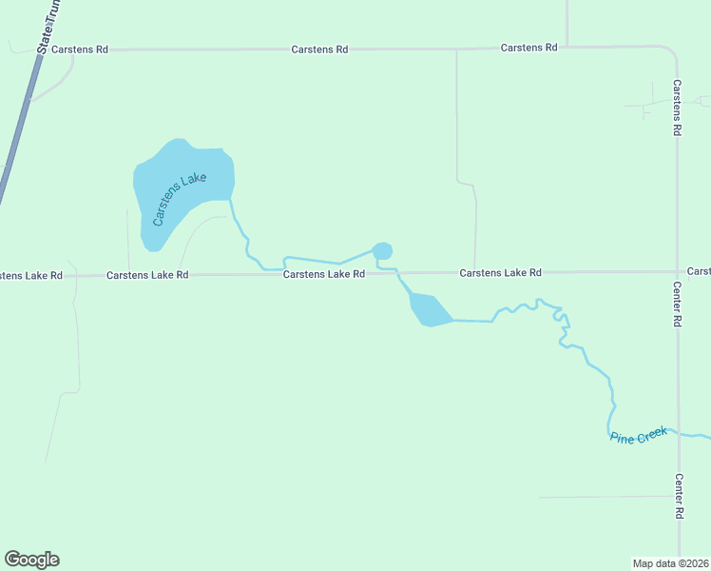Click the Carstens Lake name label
[180, 199]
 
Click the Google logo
[31, 560]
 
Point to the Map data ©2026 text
[671, 562]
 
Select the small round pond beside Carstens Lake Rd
[382, 251]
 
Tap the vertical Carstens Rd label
[677, 108]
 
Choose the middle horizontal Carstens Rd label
[319, 49]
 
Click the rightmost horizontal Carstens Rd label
[528, 48]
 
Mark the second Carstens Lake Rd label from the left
[147, 275]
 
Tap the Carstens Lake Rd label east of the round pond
[500, 273]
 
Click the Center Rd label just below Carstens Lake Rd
[678, 305]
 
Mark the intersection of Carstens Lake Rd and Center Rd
[677, 272]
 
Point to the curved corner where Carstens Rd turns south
[672, 51]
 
